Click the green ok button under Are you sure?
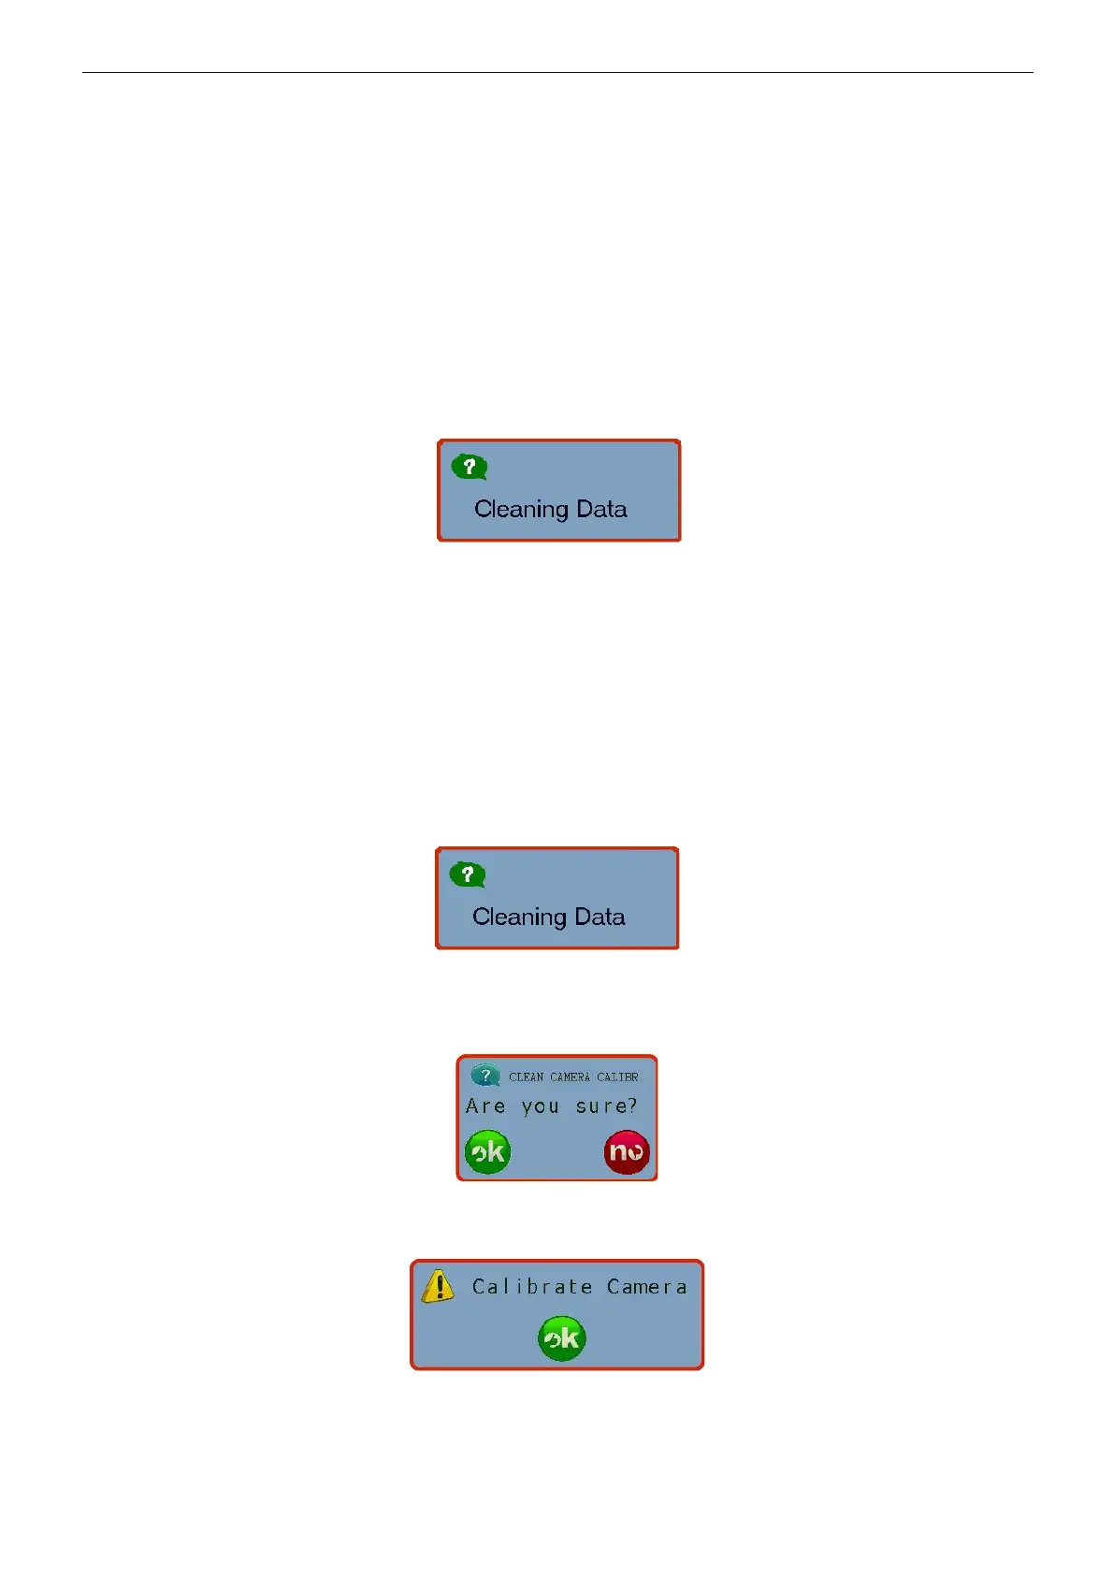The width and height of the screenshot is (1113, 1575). point(487,1151)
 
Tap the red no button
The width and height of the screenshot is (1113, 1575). point(627,1151)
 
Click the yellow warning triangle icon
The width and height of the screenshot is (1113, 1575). point(438,1286)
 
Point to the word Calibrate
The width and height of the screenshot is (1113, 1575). point(532,1287)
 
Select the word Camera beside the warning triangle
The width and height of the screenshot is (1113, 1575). point(646,1287)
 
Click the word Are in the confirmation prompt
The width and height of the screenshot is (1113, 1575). point(485,1106)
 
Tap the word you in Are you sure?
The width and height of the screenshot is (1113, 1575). point(540,1107)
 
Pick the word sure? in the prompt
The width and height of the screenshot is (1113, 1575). point(606,1106)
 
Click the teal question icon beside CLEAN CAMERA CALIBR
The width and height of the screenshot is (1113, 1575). point(485,1076)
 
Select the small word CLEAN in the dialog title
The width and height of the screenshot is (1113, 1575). point(526,1077)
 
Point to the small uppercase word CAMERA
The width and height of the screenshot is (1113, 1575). point(570,1077)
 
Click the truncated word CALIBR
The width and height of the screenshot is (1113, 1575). point(617,1077)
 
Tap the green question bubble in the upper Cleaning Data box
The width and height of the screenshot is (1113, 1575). point(470,466)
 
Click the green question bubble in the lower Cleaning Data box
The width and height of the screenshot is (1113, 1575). point(468,874)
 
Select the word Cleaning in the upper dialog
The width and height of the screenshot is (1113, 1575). point(521,510)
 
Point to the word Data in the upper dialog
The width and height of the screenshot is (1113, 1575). point(601,509)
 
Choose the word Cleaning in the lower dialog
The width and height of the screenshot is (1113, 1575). point(519,918)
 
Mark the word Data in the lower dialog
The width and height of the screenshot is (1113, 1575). point(600,917)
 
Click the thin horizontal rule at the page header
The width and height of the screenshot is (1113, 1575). point(557,72)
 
